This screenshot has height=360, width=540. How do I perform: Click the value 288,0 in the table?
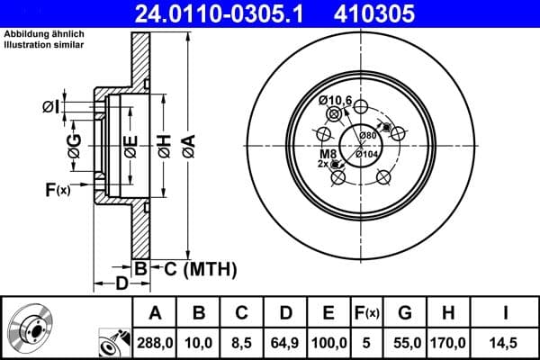click(155, 341)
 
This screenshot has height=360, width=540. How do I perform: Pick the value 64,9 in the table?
click(283, 341)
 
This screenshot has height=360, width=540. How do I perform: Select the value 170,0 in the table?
click(448, 341)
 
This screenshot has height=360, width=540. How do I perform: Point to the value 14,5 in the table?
click(506, 341)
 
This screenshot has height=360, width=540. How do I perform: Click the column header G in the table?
click(405, 312)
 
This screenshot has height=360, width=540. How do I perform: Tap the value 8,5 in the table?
click(240, 341)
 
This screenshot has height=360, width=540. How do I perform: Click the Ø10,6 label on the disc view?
click(335, 100)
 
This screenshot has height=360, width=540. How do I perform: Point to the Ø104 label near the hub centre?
click(366, 154)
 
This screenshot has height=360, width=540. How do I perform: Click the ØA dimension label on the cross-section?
click(188, 147)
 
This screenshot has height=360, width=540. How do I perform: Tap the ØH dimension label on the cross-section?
click(164, 147)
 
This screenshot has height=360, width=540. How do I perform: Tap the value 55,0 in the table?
click(405, 341)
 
